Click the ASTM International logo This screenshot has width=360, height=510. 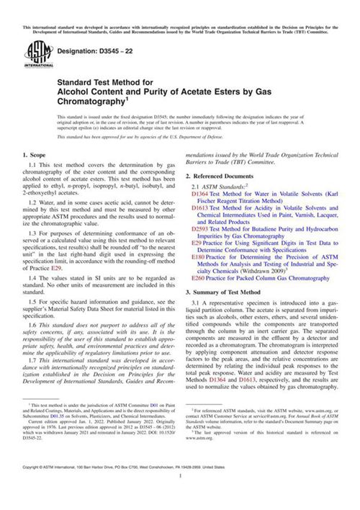pos(35,51)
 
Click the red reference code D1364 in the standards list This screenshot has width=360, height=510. pos(200,194)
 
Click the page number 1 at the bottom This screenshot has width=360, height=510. pos(180,496)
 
